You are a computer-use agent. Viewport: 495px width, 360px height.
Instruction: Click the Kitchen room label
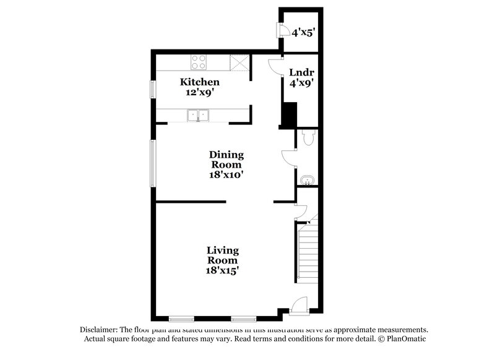[x=199, y=82]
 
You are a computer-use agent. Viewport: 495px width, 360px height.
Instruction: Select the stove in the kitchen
[x=199, y=61]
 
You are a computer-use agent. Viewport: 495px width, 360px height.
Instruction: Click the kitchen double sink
[x=199, y=114]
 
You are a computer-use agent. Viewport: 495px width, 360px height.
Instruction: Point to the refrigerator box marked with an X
[x=238, y=62]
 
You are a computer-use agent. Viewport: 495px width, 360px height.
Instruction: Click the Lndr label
[x=300, y=72]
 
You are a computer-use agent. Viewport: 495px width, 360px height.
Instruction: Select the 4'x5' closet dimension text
[x=304, y=32]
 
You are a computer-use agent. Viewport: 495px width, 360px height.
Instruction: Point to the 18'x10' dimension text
[x=226, y=175]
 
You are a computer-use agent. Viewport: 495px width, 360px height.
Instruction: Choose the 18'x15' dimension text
[x=223, y=270]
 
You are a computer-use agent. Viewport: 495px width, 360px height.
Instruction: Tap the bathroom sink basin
[x=308, y=180]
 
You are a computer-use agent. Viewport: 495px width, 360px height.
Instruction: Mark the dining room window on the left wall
[x=152, y=162]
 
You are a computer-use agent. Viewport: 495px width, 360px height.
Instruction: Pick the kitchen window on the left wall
[x=152, y=88]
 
